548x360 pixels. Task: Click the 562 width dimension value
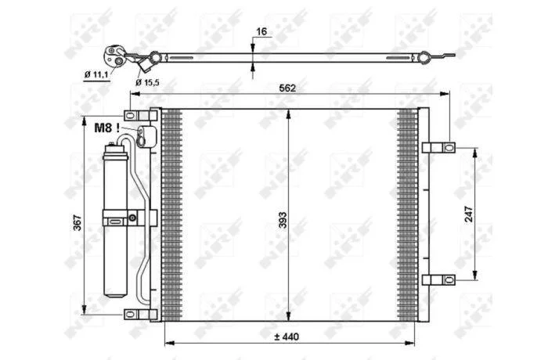coord(287,88)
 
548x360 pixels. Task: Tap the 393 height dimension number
coord(283,220)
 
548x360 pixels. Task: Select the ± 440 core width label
coord(287,337)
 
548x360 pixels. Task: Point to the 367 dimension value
coord(78,222)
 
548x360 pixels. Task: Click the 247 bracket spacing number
coord(468,214)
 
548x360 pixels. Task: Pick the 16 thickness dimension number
coord(261,31)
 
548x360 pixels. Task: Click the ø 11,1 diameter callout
coord(96,74)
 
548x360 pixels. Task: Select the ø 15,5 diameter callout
coord(147,82)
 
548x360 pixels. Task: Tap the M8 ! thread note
coord(107,128)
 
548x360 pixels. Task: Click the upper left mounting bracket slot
coord(130,116)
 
